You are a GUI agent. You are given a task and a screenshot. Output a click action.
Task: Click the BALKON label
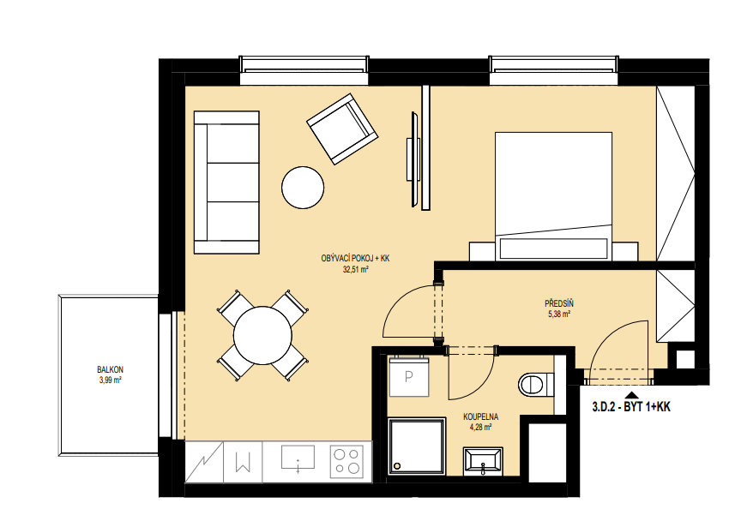(x=110, y=369)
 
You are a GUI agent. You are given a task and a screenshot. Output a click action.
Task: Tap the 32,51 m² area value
(x=355, y=269)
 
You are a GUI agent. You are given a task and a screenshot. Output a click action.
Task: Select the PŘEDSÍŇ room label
(x=559, y=303)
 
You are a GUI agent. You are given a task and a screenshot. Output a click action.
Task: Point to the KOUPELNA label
(x=480, y=416)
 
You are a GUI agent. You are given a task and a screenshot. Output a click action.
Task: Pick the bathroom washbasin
(x=483, y=461)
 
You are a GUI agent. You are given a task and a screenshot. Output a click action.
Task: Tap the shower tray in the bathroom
(x=417, y=446)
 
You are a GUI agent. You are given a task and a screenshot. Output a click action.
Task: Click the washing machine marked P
(x=409, y=376)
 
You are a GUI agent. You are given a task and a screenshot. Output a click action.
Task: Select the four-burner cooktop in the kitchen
(x=346, y=461)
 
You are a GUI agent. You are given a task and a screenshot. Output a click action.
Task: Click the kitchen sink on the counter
(x=298, y=458)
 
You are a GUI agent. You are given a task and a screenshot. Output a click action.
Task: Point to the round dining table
(x=262, y=335)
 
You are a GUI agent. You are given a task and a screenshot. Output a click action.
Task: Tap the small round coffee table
(x=303, y=188)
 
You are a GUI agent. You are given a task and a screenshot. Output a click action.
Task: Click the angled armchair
(x=342, y=129)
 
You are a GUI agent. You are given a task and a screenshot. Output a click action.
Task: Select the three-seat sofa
(x=226, y=183)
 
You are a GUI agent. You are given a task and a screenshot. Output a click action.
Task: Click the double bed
(x=553, y=196)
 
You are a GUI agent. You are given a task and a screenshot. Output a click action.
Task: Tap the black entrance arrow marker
(x=631, y=395)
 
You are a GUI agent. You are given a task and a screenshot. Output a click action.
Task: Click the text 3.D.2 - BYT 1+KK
(x=631, y=407)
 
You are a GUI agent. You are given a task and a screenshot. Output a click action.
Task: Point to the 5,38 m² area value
(x=559, y=314)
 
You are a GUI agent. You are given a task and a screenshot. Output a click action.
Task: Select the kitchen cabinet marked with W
(x=243, y=463)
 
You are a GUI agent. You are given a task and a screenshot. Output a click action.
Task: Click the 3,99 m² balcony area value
(x=110, y=380)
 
